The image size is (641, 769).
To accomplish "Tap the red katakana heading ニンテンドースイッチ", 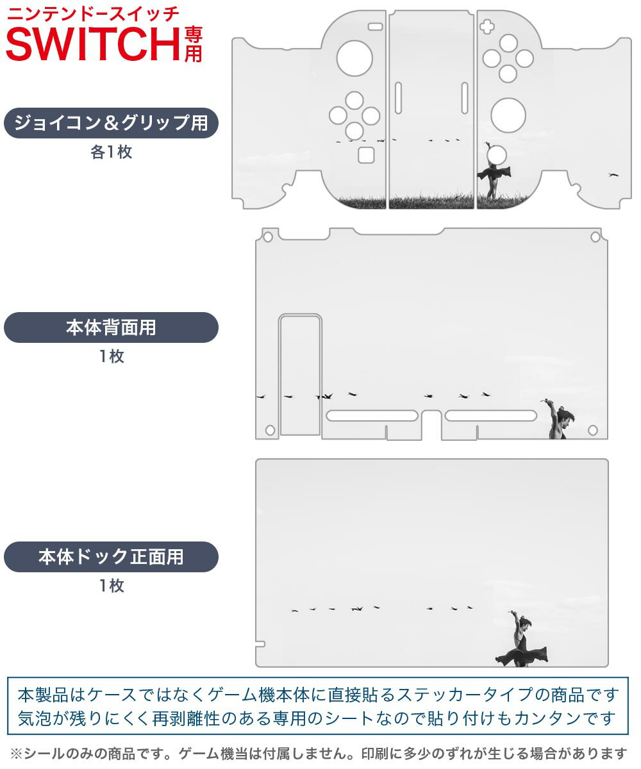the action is [93, 14].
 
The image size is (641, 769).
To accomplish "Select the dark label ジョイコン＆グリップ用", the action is [111, 123].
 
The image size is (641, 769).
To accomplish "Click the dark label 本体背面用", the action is [111, 327].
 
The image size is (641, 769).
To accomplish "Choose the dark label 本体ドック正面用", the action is [111, 557].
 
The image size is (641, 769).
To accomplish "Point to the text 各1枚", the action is [112, 152].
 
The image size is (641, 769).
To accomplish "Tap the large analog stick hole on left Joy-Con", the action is [354, 58].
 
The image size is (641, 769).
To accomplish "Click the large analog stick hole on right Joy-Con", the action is [508, 115].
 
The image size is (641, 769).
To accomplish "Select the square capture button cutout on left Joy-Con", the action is [366, 155].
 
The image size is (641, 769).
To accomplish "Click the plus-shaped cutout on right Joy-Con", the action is [487, 26].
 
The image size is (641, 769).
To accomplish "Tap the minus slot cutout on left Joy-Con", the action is [376, 26].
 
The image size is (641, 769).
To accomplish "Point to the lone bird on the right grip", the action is [613, 175].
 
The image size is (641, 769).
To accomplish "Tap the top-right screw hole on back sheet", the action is [595, 237].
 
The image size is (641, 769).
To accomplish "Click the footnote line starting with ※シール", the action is [319, 754].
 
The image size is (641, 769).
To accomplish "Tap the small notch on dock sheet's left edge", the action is [260, 644].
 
